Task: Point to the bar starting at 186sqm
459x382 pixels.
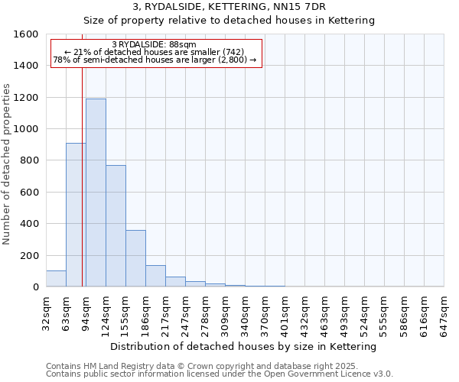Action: point(155,276)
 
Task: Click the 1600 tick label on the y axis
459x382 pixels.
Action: point(26,34)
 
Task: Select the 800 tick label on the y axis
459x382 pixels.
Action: point(29,160)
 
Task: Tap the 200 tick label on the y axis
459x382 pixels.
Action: point(29,255)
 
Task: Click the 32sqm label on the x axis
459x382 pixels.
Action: point(46,312)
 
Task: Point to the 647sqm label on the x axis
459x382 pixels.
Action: point(444,312)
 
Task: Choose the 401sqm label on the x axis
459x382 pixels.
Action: point(285,312)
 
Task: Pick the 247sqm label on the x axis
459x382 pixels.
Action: point(185,312)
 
